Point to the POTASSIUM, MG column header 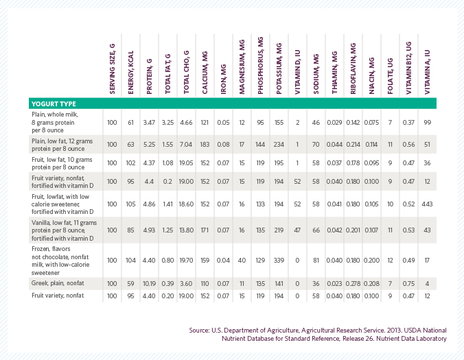point(279,69)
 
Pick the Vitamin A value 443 point(427,204)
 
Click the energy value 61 point(130,121)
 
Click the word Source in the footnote point(200,330)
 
